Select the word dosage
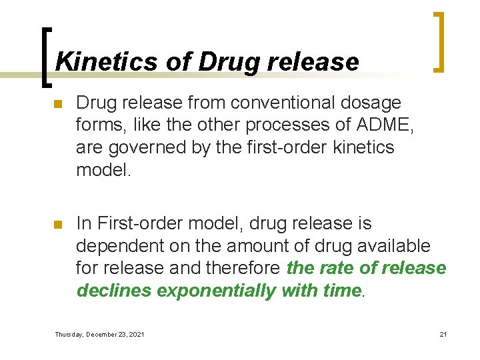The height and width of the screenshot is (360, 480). click(373, 103)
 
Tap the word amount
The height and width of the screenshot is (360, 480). click(250, 245)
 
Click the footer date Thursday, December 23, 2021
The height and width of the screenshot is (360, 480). click(99, 334)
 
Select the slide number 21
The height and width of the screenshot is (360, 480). click(443, 334)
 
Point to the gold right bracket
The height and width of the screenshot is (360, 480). click(438, 41)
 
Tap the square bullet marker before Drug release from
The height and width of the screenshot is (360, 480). click(58, 105)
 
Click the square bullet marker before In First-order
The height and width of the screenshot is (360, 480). click(58, 225)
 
